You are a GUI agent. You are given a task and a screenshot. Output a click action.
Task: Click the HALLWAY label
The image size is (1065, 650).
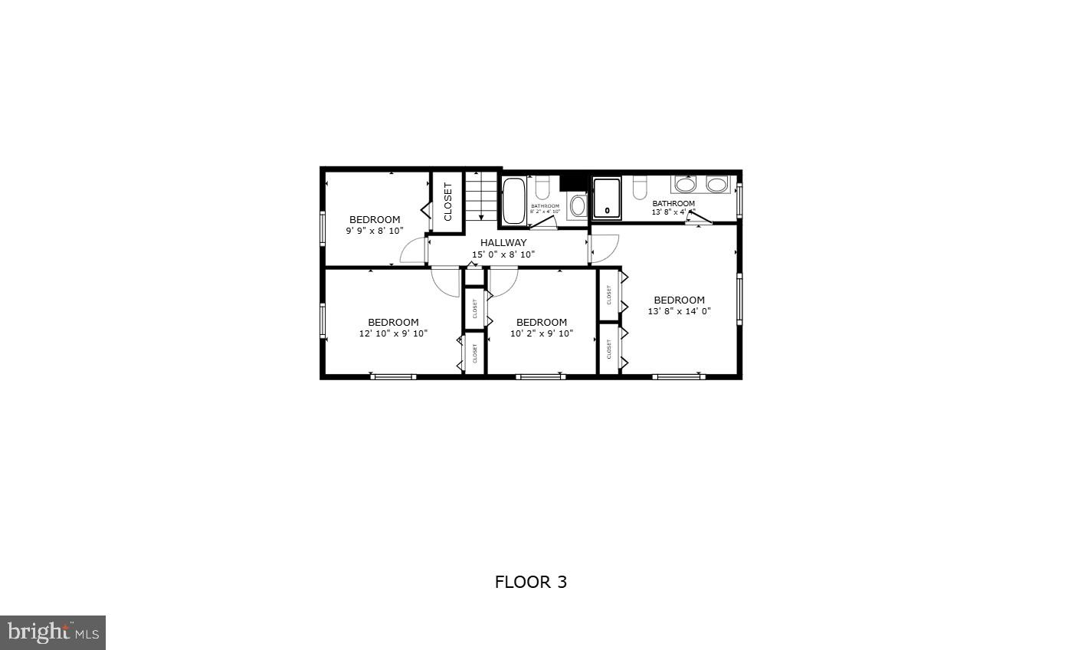click(503, 243)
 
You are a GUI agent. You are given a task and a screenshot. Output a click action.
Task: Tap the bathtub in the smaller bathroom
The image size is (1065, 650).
click(513, 200)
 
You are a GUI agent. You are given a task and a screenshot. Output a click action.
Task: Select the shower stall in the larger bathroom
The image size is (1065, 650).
click(607, 199)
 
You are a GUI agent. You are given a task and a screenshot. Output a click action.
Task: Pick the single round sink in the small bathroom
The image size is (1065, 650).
click(578, 205)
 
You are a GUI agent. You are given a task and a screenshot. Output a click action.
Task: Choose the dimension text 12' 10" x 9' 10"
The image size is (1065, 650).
click(393, 333)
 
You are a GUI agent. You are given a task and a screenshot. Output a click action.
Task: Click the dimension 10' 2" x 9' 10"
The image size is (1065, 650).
click(541, 333)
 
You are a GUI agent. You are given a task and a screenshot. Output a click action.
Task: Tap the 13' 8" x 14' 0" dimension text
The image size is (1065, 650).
click(679, 311)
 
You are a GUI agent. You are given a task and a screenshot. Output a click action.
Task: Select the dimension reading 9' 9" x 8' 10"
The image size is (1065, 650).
click(375, 230)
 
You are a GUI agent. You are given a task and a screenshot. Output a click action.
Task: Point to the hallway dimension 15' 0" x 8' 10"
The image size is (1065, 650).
click(503, 254)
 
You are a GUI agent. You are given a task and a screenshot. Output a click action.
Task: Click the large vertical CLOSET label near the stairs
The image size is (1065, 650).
click(448, 201)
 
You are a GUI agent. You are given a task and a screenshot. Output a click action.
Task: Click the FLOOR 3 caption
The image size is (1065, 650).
click(531, 582)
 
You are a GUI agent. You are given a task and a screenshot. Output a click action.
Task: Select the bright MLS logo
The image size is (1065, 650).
click(53, 632)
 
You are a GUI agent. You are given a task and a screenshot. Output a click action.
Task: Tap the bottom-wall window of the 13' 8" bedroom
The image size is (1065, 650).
click(679, 376)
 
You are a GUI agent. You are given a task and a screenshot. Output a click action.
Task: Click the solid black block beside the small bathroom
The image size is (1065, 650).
click(571, 182)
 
